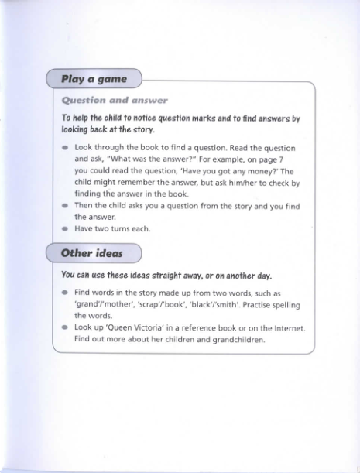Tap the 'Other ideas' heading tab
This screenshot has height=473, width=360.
91,253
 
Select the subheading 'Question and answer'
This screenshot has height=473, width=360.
115,101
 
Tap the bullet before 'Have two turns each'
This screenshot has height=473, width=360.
65,229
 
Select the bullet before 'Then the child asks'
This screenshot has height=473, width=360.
65,206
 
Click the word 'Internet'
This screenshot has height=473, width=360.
284,327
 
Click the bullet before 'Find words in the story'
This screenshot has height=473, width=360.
65,293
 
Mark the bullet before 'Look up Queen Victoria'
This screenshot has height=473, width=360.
65,327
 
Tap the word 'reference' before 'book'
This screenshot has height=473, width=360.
187,327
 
